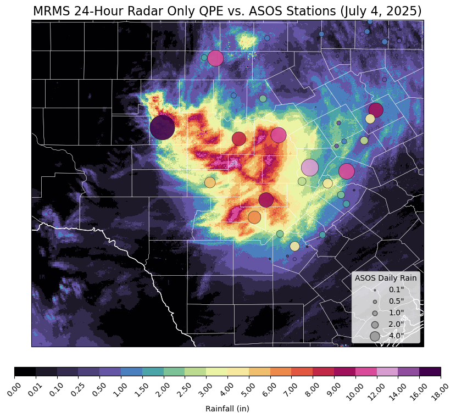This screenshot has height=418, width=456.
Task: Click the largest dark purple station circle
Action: click(162, 127)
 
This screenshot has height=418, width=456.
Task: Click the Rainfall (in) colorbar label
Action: click(227, 409)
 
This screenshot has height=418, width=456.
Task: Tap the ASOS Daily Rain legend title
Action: click(386, 278)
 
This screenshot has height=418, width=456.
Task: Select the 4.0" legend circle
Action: click(375, 336)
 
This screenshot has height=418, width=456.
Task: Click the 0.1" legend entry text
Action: click(396, 290)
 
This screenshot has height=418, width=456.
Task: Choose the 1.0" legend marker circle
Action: click(375, 313)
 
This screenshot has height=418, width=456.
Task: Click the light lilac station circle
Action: click(310, 168)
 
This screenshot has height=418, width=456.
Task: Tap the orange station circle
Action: click(254, 217)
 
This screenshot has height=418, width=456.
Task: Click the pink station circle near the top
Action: click(215, 58)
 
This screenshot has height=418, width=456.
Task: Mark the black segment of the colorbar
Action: click(25, 372)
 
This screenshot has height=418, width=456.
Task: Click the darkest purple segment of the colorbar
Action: click(430, 372)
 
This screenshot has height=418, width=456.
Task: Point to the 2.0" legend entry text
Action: click(396, 325)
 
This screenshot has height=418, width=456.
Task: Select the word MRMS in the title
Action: click(50, 11)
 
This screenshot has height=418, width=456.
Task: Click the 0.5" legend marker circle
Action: click(375, 302)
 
